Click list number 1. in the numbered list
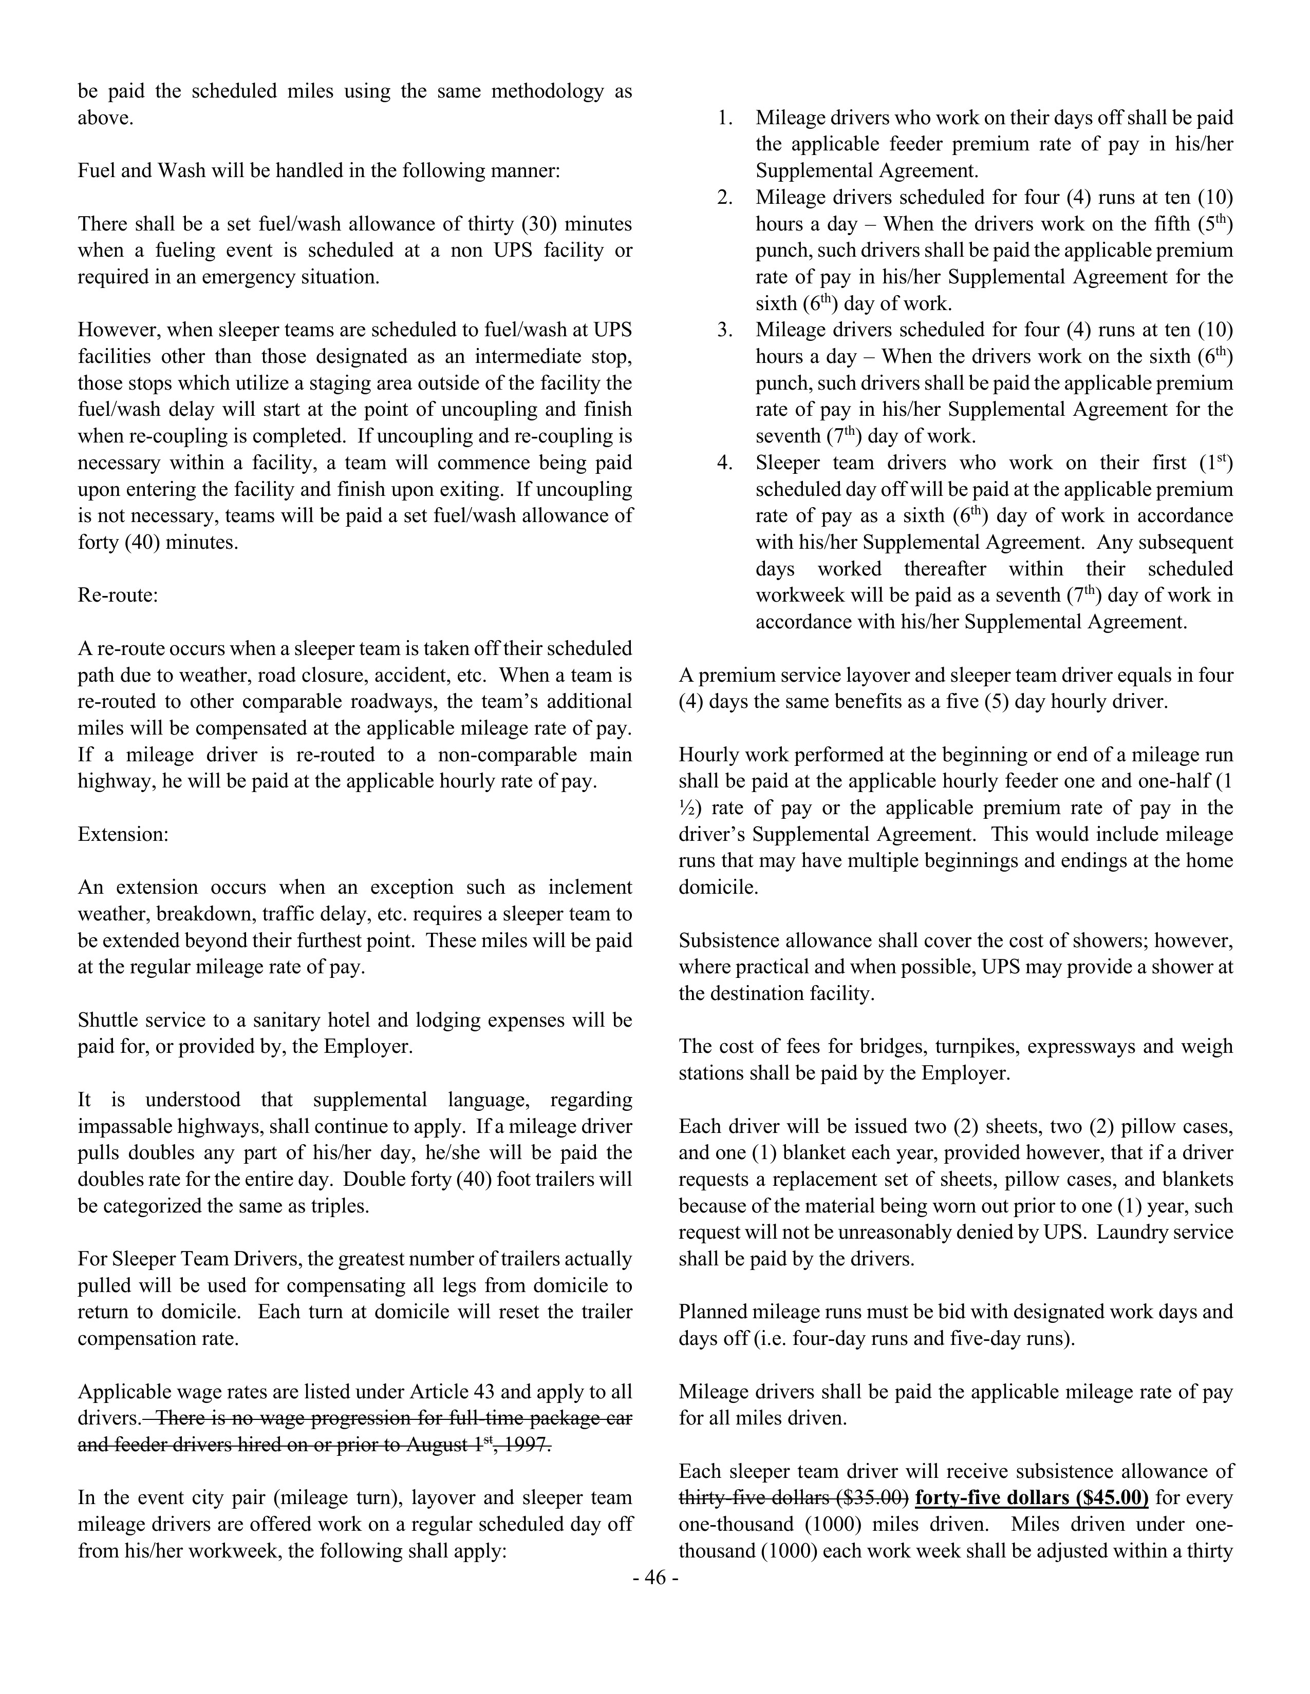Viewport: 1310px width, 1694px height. click(725, 118)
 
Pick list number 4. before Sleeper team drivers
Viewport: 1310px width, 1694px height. click(725, 463)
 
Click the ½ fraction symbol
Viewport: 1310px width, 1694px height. click(687, 808)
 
